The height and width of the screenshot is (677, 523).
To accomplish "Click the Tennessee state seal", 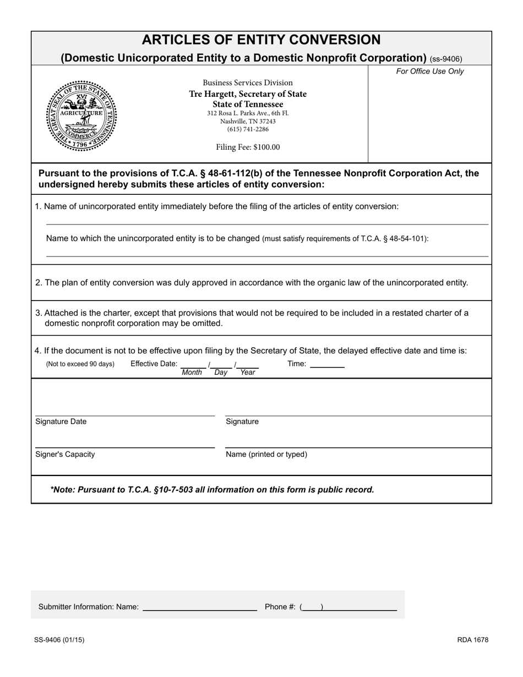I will [81, 116].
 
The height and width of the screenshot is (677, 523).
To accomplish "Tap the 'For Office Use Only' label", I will [430, 72].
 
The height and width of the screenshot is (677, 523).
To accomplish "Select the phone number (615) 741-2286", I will [248, 129].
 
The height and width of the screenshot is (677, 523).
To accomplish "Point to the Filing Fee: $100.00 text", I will [248, 147].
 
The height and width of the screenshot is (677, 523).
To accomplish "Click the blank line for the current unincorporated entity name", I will [267, 221].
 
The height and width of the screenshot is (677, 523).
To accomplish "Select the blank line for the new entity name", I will [267, 253].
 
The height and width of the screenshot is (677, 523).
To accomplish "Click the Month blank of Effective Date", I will [193, 365].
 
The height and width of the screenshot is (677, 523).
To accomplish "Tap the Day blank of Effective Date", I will [221, 365].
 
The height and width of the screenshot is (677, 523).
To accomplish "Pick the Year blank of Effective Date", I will [248, 365].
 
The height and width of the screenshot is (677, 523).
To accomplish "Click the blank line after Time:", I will [327, 364].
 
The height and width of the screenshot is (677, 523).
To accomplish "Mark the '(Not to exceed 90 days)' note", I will [80, 364].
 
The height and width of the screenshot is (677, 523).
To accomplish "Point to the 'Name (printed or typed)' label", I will [266, 455].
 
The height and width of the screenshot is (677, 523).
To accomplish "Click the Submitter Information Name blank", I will [200, 607].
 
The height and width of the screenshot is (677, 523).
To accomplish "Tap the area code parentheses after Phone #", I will [312, 607].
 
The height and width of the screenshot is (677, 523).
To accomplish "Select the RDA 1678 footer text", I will [472, 640].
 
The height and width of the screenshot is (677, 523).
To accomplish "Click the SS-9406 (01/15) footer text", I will [59, 640].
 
